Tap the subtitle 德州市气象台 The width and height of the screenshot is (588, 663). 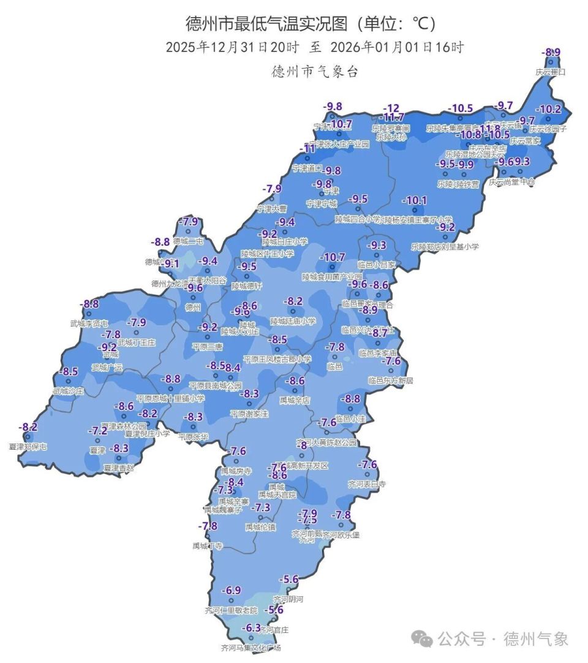[315, 72]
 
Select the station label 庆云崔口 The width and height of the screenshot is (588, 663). [551, 72]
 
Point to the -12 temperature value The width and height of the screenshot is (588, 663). [391, 108]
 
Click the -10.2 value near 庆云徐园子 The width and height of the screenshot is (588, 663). [548, 110]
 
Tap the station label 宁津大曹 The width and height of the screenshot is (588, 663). [271, 209]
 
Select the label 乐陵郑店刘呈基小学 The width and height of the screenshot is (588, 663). [445, 246]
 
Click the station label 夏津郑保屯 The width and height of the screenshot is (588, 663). [28, 447]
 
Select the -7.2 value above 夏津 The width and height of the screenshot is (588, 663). [97, 431]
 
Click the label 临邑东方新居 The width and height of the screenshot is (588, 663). [390, 381]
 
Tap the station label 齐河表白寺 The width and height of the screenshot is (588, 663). [367, 484]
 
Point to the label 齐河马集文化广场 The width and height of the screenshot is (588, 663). [251, 647]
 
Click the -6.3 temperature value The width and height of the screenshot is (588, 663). [251, 628]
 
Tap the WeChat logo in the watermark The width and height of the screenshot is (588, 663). [422, 639]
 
